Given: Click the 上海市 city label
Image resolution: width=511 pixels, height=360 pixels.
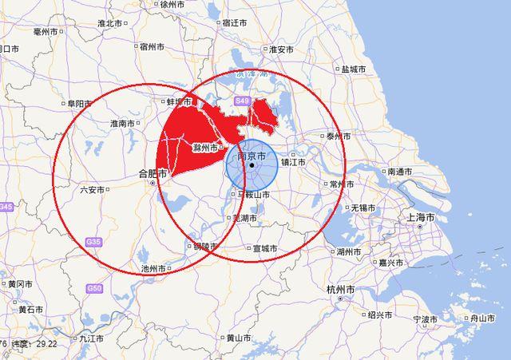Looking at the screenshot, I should pos(420,217).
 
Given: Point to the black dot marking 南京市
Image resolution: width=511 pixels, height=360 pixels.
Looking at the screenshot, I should pos(251,165).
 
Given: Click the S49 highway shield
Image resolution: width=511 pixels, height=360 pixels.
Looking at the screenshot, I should pos(243,101).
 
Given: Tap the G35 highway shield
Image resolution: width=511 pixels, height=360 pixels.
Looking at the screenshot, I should pos(93,241).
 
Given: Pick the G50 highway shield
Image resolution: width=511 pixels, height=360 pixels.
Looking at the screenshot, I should pos(96,287).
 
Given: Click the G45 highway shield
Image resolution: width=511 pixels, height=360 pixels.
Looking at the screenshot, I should pos(6,207).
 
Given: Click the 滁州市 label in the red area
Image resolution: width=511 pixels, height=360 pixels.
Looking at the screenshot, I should pos(207,148).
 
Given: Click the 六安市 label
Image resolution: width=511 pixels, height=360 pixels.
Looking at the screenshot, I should pos(93,189).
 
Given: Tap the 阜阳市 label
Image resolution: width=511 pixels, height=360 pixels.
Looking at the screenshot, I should pos(80,104).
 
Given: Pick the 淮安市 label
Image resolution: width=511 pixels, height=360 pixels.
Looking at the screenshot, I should pos(281,49).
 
